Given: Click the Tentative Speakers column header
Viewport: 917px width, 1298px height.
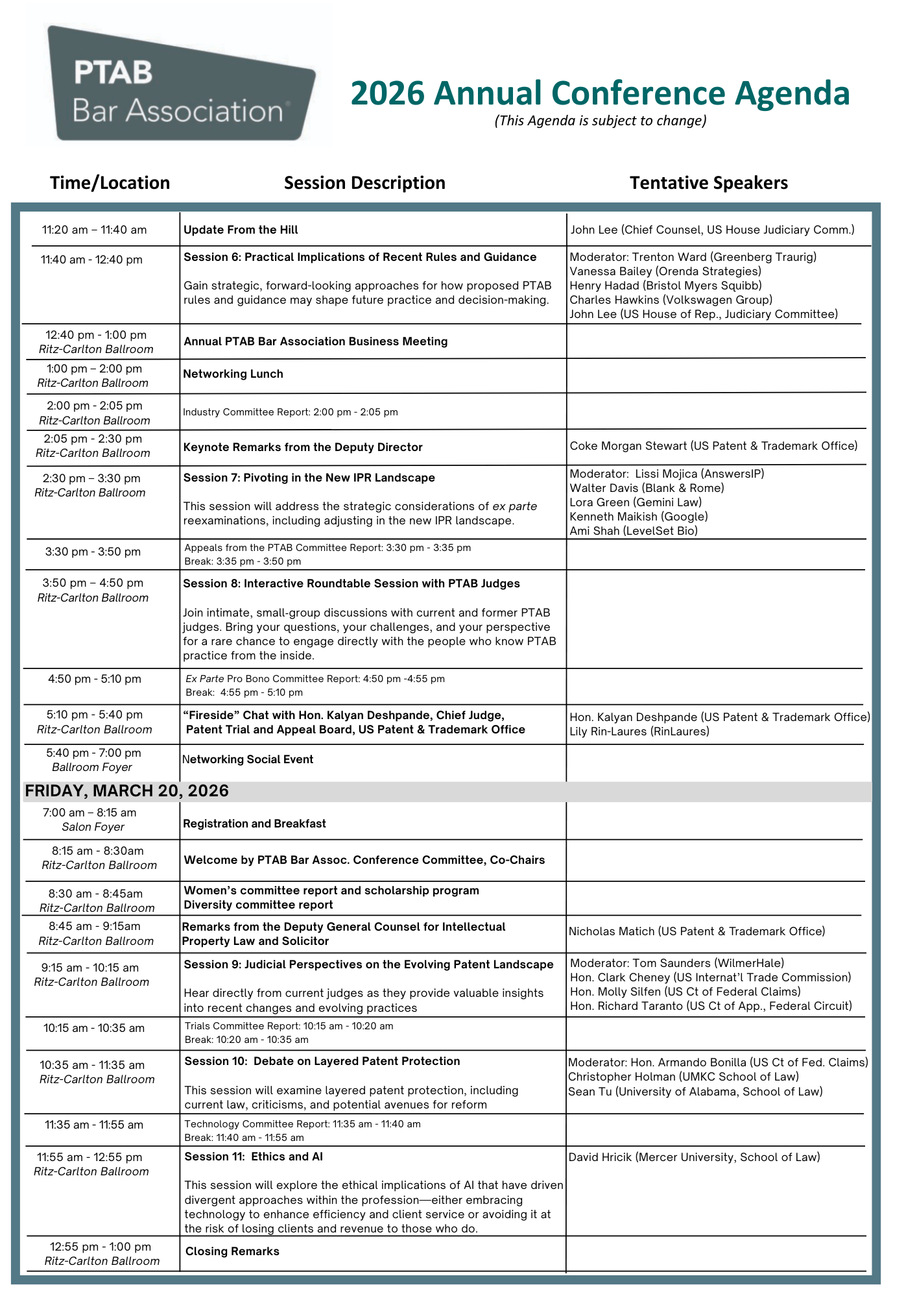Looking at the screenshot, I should [x=709, y=183].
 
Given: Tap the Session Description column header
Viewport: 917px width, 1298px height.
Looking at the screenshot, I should [x=364, y=183].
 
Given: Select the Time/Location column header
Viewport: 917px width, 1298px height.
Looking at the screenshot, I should [x=110, y=183].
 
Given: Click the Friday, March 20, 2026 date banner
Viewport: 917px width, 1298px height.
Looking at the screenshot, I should [x=127, y=790].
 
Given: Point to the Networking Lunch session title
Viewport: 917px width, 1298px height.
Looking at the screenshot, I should [x=233, y=374].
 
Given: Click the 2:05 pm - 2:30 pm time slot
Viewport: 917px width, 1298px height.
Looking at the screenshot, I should [x=93, y=439].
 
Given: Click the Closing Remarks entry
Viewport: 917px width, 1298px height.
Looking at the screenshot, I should [x=232, y=1251].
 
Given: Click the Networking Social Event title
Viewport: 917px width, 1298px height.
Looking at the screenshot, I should [x=248, y=759].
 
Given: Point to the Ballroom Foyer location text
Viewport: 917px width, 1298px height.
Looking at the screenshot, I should [x=92, y=767].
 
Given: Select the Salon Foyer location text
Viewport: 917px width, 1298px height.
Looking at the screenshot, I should [x=93, y=827].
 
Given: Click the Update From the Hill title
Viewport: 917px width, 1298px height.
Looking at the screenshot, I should [x=241, y=230].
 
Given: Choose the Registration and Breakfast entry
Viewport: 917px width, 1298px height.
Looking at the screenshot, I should [x=254, y=824].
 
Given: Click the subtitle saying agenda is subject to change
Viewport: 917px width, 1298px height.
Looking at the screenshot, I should [x=600, y=121].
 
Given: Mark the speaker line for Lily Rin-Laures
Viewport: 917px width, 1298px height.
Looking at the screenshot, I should [x=639, y=731].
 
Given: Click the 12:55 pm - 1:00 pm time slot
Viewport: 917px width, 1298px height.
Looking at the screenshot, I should [x=101, y=1247].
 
